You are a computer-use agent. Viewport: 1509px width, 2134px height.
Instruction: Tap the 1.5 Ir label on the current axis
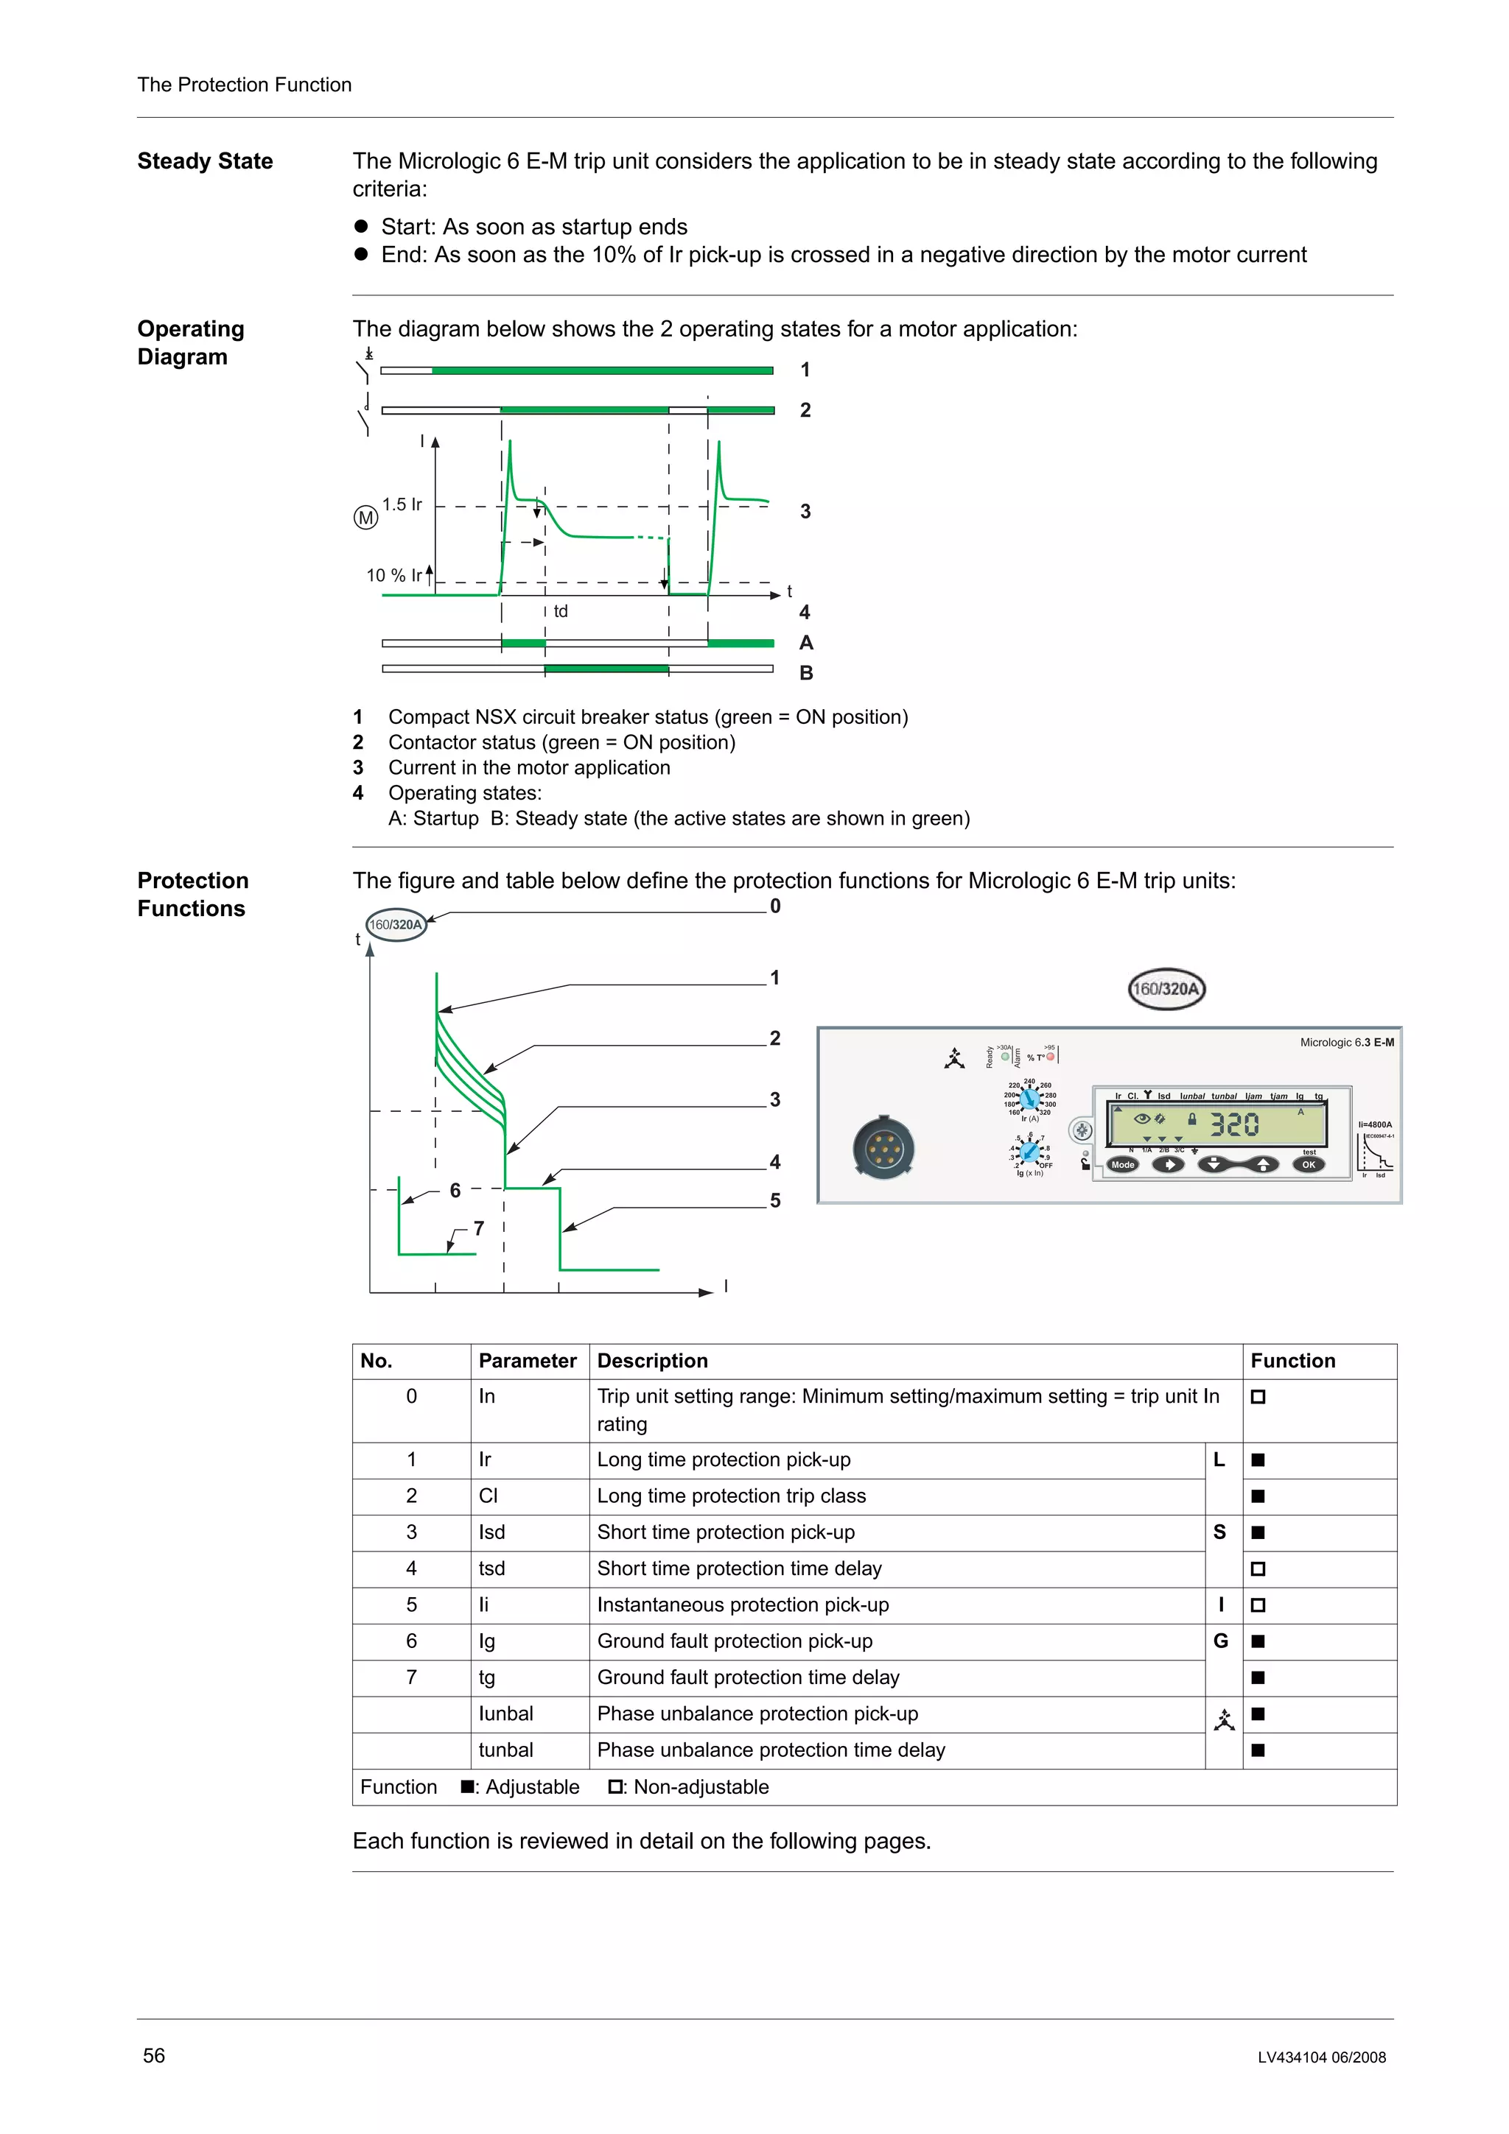point(402,504)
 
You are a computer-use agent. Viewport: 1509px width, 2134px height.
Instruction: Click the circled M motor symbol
point(366,518)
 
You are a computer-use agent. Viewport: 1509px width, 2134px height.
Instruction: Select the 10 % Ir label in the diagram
point(393,575)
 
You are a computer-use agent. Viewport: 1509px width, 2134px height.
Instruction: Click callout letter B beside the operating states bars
point(806,673)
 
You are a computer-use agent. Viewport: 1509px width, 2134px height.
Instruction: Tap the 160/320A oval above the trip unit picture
point(1166,989)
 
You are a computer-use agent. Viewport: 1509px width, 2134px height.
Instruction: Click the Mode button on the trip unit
point(1123,1165)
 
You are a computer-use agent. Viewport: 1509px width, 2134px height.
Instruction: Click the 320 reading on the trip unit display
point(1233,1126)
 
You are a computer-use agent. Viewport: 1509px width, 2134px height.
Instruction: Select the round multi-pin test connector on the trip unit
point(883,1149)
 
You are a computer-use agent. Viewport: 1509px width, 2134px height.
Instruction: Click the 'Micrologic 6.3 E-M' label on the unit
point(1346,1043)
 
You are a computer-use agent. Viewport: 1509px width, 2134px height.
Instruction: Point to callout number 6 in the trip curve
point(455,1191)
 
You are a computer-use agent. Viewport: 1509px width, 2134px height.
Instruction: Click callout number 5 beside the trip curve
point(774,1201)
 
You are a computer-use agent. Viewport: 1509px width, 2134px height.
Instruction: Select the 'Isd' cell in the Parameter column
point(492,1532)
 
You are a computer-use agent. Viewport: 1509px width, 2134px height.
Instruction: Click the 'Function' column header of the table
point(1292,1361)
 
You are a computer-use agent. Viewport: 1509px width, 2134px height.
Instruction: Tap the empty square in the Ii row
point(1258,1605)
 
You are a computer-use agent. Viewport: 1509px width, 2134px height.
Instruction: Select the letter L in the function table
point(1219,1460)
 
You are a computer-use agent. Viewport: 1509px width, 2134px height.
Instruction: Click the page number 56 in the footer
point(154,2055)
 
